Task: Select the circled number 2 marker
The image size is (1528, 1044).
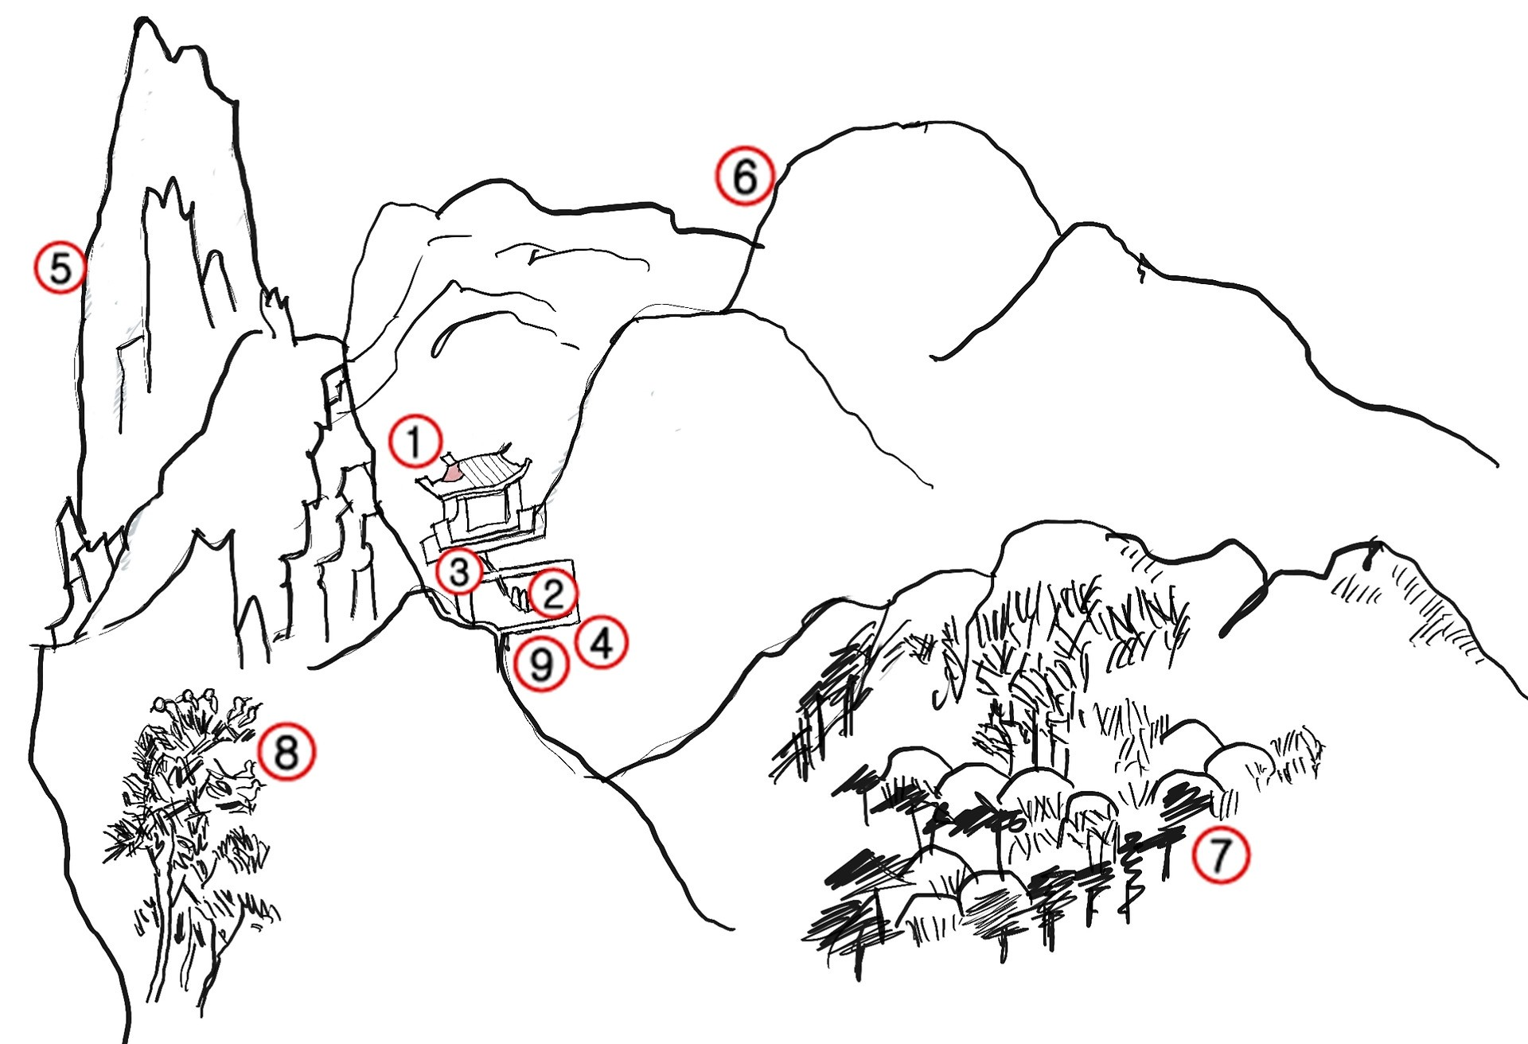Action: click(x=552, y=594)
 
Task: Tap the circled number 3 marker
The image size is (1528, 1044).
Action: click(x=459, y=571)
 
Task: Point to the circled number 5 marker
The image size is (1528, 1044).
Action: click(x=60, y=267)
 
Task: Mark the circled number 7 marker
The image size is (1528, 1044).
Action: click(x=1220, y=855)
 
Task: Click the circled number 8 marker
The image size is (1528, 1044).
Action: click(x=286, y=751)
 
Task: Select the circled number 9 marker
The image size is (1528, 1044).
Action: click(x=541, y=664)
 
